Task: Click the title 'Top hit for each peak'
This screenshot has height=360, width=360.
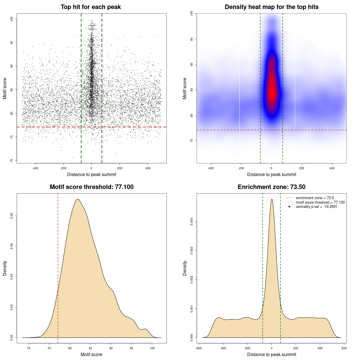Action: [91, 7]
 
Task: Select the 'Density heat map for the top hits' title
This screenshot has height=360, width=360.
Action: [271, 7]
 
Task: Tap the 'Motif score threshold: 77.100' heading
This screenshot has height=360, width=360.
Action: [91, 187]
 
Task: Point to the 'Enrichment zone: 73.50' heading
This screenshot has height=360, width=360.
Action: [271, 187]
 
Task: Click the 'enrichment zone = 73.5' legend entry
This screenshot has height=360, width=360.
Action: [315, 198]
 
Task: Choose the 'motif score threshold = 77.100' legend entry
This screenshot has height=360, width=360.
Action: [320, 202]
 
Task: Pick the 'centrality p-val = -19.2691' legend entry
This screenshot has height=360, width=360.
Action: [316, 207]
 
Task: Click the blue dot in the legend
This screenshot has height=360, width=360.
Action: [289, 207]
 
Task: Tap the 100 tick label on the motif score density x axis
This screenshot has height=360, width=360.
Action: [152, 348]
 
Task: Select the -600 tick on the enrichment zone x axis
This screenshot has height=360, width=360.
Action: [199, 348]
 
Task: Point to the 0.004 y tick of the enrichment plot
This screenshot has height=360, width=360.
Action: [192, 221]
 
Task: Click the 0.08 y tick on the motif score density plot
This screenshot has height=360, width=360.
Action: [12, 216]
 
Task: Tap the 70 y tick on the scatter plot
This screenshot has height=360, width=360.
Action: [12, 161]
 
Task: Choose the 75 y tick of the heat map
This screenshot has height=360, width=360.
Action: [192, 141]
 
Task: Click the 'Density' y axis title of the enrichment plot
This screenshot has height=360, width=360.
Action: [185, 268]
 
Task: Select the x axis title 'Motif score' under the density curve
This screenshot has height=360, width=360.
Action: [91, 354]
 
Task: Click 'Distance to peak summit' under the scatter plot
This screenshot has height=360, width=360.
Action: [92, 174]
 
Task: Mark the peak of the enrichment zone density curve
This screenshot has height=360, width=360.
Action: [272, 199]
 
